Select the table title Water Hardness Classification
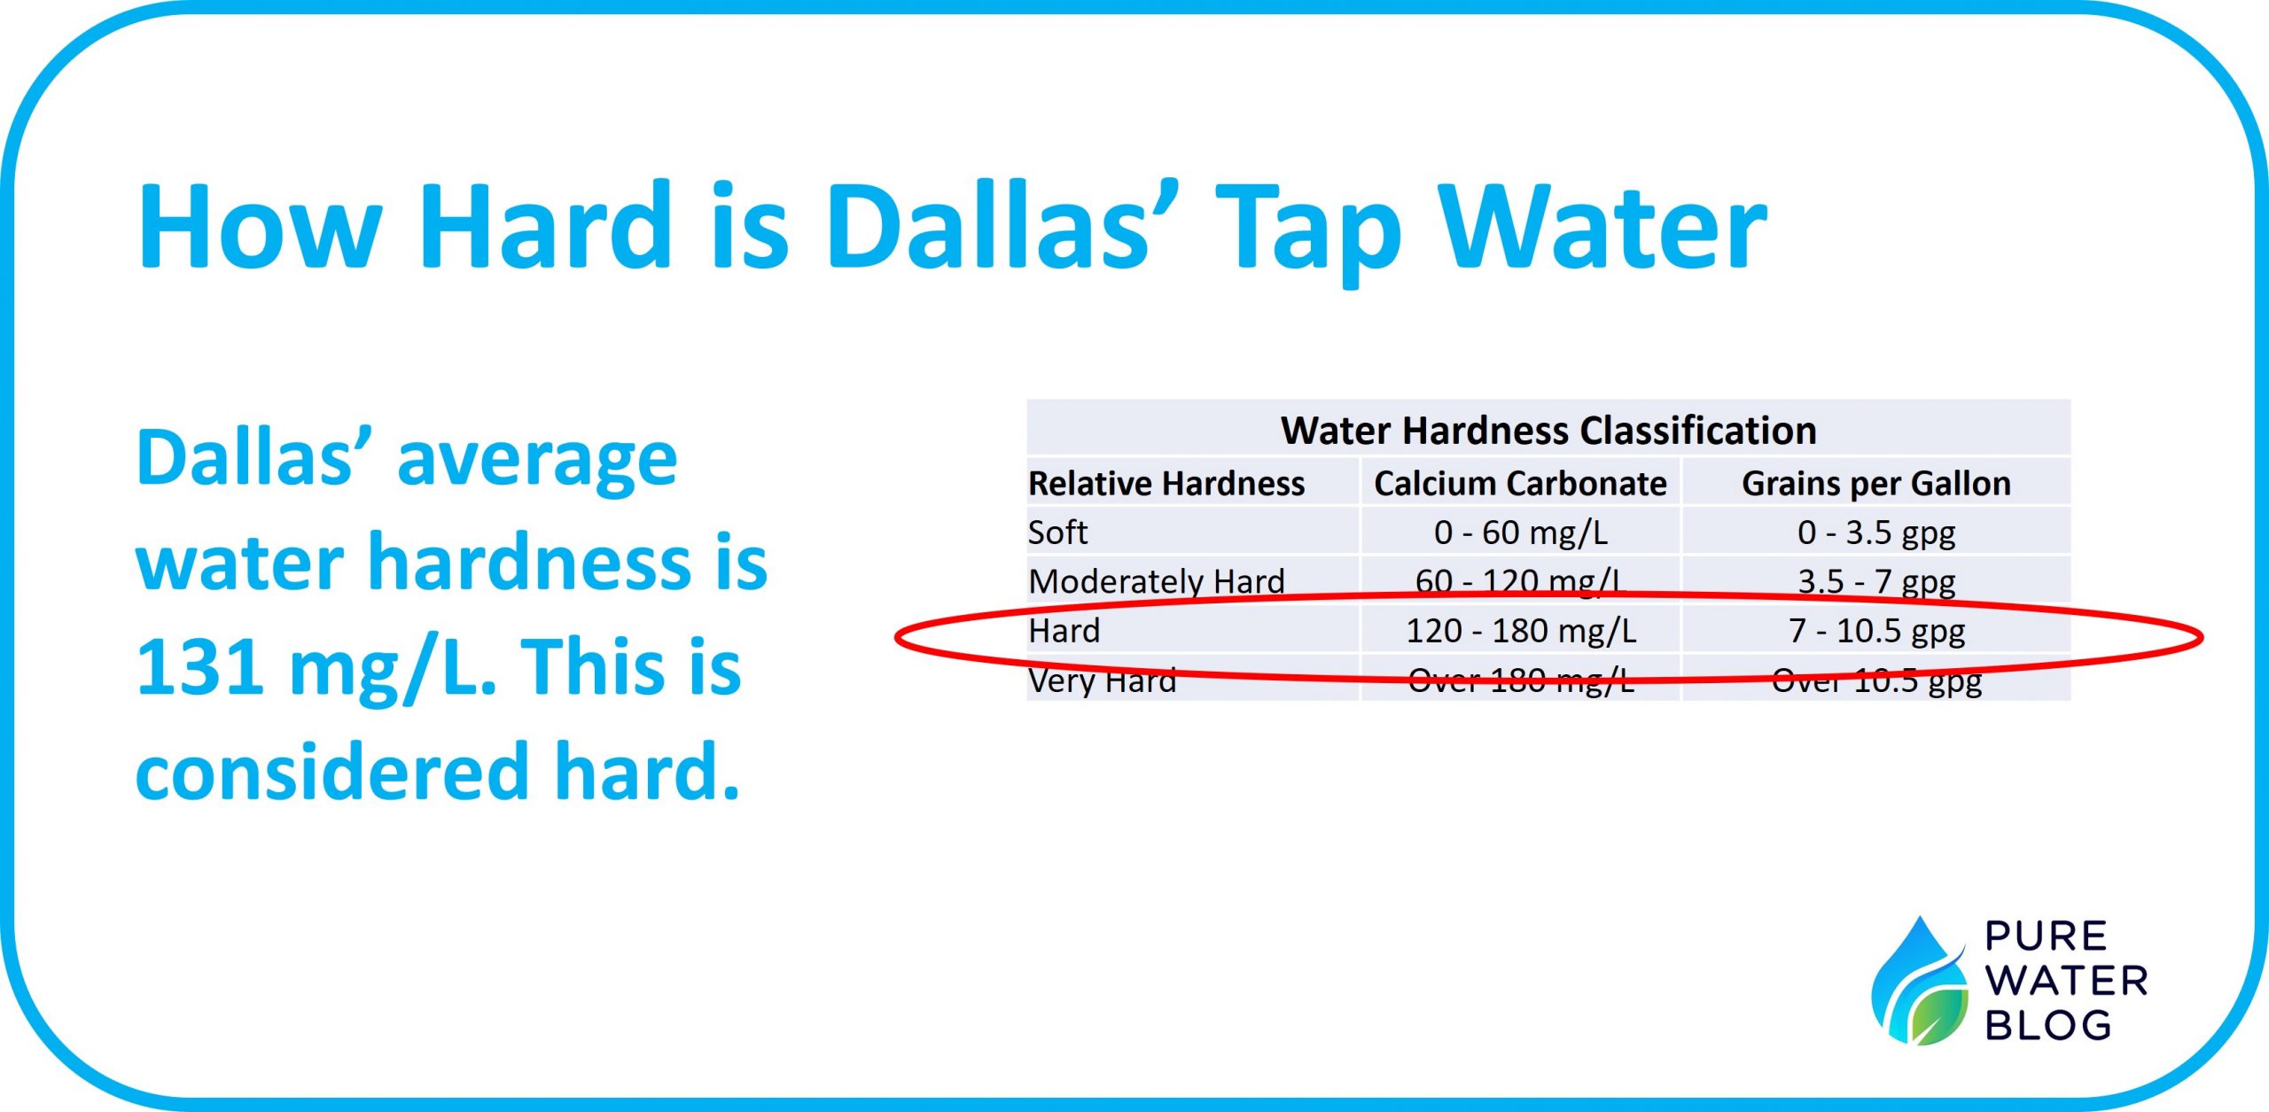click(1548, 431)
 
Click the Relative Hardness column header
click(1166, 484)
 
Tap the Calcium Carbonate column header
click(1520, 484)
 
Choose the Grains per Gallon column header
click(1876, 485)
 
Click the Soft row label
click(1057, 533)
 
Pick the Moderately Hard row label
click(1157, 582)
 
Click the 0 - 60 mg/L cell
click(1521, 533)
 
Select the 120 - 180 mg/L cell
click(1521, 631)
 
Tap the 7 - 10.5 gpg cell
click(1876, 632)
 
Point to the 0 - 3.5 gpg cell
click(1876, 533)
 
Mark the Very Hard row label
click(1103, 680)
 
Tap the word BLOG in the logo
click(2048, 1026)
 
